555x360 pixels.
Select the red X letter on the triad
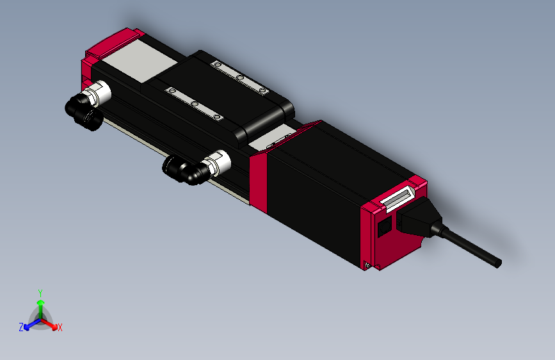click(x=60, y=327)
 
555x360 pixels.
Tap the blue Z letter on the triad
click(x=21, y=327)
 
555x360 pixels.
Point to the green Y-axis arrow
click(x=40, y=306)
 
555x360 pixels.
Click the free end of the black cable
click(x=497, y=262)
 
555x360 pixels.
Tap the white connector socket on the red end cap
click(x=397, y=199)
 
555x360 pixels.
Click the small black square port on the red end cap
click(x=384, y=227)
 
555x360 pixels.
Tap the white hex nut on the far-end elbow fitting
click(x=101, y=92)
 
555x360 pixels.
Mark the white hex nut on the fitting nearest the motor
click(x=216, y=161)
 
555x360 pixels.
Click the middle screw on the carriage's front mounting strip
click(x=193, y=104)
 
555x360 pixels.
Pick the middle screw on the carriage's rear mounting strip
click(x=241, y=78)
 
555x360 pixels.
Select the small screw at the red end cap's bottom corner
click(x=367, y=264)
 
